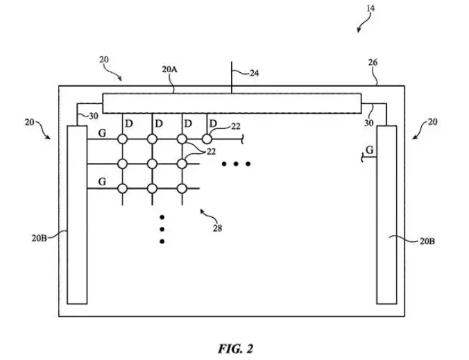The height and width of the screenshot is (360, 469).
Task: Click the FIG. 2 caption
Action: tap(236, 349)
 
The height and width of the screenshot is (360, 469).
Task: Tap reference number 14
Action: tap(370, 8)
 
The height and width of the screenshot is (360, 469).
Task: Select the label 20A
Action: tap(169, 69)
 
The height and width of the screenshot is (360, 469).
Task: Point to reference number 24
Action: tap(254, 73)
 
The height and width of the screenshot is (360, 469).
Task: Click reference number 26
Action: tap(373, 62)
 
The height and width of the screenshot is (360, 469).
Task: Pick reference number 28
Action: tap(217, 228)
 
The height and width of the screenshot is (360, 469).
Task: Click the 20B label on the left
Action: tap(39, 238)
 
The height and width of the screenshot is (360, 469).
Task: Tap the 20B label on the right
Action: tap(427, 241)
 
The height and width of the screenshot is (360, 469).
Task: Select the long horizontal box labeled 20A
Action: tap(232, 103)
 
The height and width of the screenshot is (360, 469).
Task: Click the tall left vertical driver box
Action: tap(77, 215)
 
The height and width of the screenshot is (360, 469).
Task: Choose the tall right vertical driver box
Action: tap(386, 215)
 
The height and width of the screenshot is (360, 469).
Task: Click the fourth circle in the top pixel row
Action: tap(207, 139)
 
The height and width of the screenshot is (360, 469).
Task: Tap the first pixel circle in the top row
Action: tap(122, 139)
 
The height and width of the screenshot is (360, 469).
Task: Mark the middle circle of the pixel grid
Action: tap(152, 164)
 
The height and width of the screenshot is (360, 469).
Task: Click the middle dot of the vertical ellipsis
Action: tap(162, 230)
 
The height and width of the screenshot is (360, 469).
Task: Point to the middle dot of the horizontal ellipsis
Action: tap(236, 164)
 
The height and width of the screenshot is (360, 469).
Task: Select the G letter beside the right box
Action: tap(370, 150)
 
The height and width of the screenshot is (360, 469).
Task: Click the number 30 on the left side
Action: tap(94, 116)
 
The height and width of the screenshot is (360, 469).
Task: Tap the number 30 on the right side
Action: tap(369, 123)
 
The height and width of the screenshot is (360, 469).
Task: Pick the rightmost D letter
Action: tap(213, 123)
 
